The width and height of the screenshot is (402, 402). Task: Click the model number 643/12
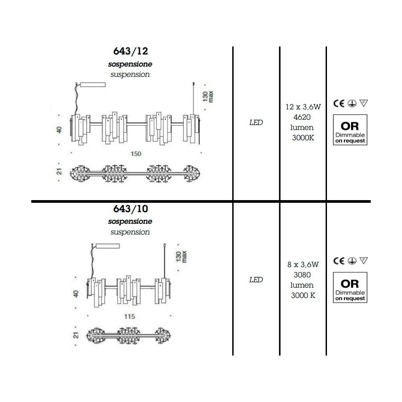pyautogui.click(x=130, y=51)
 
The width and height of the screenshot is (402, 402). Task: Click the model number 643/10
pyautogui.click(x=130, y=209)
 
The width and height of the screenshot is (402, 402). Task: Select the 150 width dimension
pyautogui.click(x=136, y=154)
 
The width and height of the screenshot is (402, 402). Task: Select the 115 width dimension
pyautogui.click(x=130, y=317)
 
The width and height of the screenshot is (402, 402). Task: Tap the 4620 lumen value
pyautogui.click(x=302, y=117)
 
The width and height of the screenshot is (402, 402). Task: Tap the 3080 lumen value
pyautogui.click(x=302, y=275)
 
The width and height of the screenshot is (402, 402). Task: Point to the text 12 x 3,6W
pyautogui.click(x=303, y=107)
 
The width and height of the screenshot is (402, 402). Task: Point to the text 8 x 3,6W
pyautogui.click(x=303, y=264)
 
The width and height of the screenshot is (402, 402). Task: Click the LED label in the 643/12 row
pyautogui.click(x=256, y=122)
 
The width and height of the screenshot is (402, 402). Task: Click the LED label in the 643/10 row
pyautogui.click(x=256, y=280)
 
